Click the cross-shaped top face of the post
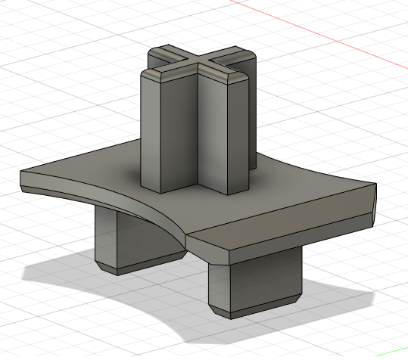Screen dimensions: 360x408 point(199,64)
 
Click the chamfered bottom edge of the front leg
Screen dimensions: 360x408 point(257,309)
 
